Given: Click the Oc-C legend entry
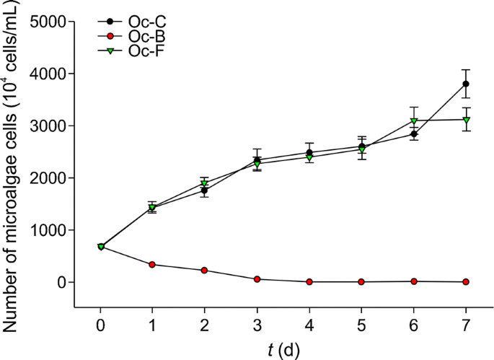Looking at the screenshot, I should tap(125, 22).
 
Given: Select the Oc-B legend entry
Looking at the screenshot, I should tap(125, 36).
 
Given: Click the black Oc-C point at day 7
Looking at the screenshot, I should tap(466, 84).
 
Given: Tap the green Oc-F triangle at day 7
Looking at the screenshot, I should tap(466, 120).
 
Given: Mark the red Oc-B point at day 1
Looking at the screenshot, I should tap(152, 265).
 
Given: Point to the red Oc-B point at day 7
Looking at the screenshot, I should tap(466, 281).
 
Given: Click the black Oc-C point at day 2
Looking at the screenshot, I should tap(205, 190).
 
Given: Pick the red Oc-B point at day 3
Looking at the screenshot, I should tap(257, 279).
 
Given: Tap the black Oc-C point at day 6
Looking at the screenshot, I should tap(414, 134).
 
